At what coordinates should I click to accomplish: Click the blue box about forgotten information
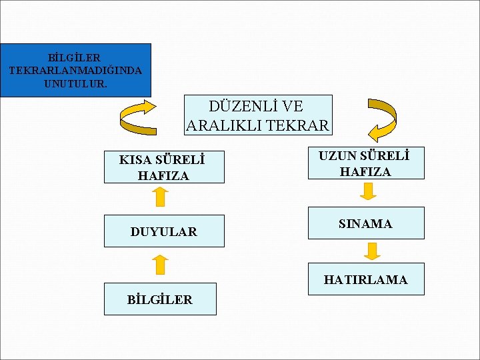(75, 70)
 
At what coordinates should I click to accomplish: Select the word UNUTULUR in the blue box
(75, 84)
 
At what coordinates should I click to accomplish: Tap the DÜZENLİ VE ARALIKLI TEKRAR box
(258, 115)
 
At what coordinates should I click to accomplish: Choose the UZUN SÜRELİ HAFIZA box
(365, 163)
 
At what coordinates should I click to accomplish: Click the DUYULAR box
(163, 231)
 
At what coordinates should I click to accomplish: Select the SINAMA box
(365, 223)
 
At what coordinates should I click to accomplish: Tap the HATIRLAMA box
(365, 279)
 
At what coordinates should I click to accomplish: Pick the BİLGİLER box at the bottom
(160, 299)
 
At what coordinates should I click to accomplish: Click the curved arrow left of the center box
(137, 117)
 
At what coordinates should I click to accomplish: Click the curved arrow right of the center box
(381, 119)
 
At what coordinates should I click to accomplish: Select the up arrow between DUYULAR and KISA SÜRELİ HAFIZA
(159, 197)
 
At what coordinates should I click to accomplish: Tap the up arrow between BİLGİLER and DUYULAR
(159, 264)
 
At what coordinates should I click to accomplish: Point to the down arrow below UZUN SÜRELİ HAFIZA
(369, 192)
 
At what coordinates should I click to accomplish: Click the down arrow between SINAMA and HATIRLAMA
(373, 251)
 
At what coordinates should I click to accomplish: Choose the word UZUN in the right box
(335, 156)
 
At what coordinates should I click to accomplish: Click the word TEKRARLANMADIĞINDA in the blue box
(75, 70)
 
